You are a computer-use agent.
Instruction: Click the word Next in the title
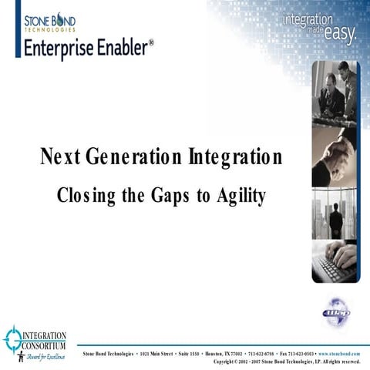[x=60, y=159]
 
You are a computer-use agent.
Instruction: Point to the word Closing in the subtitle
[x=86, y=196]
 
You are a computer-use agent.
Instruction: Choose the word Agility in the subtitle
[x=240, y=196]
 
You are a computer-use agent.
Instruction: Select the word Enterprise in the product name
[x=61, y=48]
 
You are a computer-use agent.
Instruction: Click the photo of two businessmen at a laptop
[x=335, y=93]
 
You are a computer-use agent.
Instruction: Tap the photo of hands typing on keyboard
[x=335, y=263]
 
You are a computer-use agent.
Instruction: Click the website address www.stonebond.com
[x=339, y=353]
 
